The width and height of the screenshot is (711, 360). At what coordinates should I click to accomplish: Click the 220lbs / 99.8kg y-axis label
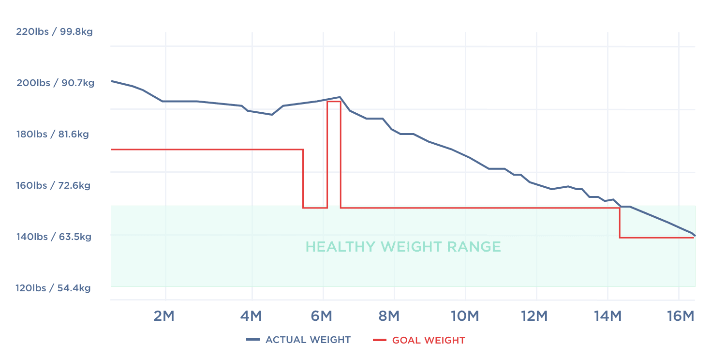coord(54,32)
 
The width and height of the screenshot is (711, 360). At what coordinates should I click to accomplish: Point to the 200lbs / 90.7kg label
coord(55,83)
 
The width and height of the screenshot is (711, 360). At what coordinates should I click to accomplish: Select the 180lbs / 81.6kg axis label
coord(53,134)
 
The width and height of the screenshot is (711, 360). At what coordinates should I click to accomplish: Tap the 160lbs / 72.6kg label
coord(53,185)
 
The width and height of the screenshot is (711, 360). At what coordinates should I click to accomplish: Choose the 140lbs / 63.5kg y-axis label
coord(53,237)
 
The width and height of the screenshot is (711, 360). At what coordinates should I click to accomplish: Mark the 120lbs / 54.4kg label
coord(53,288)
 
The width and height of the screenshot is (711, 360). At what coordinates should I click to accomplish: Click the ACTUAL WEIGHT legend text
coord(308,340)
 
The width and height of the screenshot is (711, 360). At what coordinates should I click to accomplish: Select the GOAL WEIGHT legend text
coord(429,340)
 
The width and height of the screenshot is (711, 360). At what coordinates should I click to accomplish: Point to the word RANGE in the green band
coord(474,247)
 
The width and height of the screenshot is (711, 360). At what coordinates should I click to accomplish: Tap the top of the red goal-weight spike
coord(334,101)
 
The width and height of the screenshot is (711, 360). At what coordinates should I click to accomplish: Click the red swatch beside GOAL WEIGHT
coord(380,340)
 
